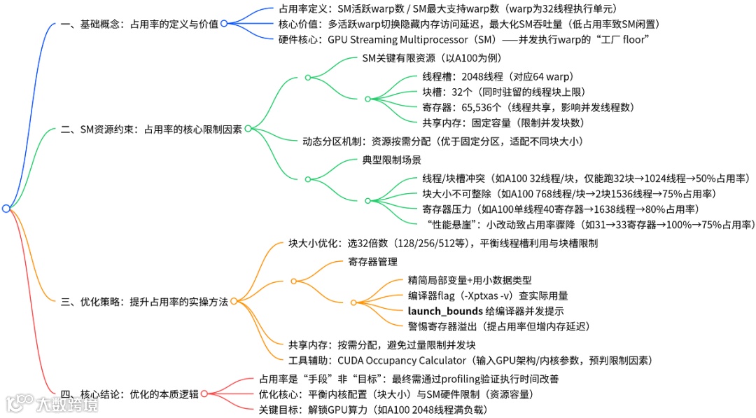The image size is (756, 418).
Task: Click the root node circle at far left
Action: point(6,208)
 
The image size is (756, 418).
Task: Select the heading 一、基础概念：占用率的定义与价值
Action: point(139,23)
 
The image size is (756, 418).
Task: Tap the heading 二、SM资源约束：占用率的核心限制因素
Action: point(151,129)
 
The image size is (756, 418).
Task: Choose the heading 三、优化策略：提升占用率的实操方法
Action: point(145,301)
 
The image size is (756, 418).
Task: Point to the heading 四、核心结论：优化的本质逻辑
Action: point(129,393)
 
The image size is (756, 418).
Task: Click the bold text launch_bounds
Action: point(445,311)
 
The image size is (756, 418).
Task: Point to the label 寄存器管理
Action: point(372,262)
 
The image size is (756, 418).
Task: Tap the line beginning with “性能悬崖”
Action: point(588,224)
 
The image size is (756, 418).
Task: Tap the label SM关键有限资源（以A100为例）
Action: point(431,58)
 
